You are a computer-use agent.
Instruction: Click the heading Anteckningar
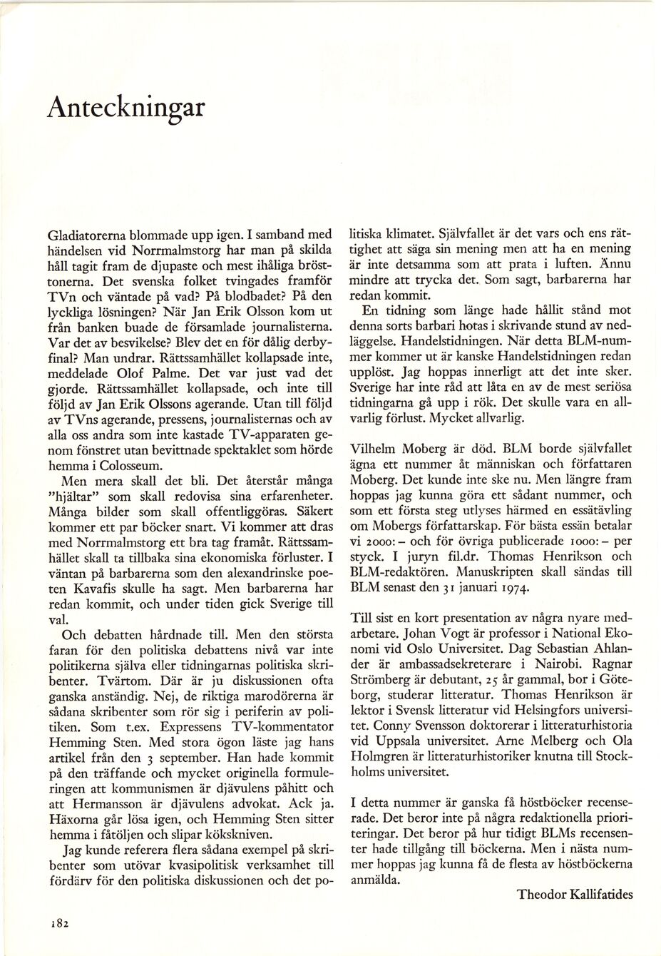126,107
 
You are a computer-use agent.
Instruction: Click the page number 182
58,922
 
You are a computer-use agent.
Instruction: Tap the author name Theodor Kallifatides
575,895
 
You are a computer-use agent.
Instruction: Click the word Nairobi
543,663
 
